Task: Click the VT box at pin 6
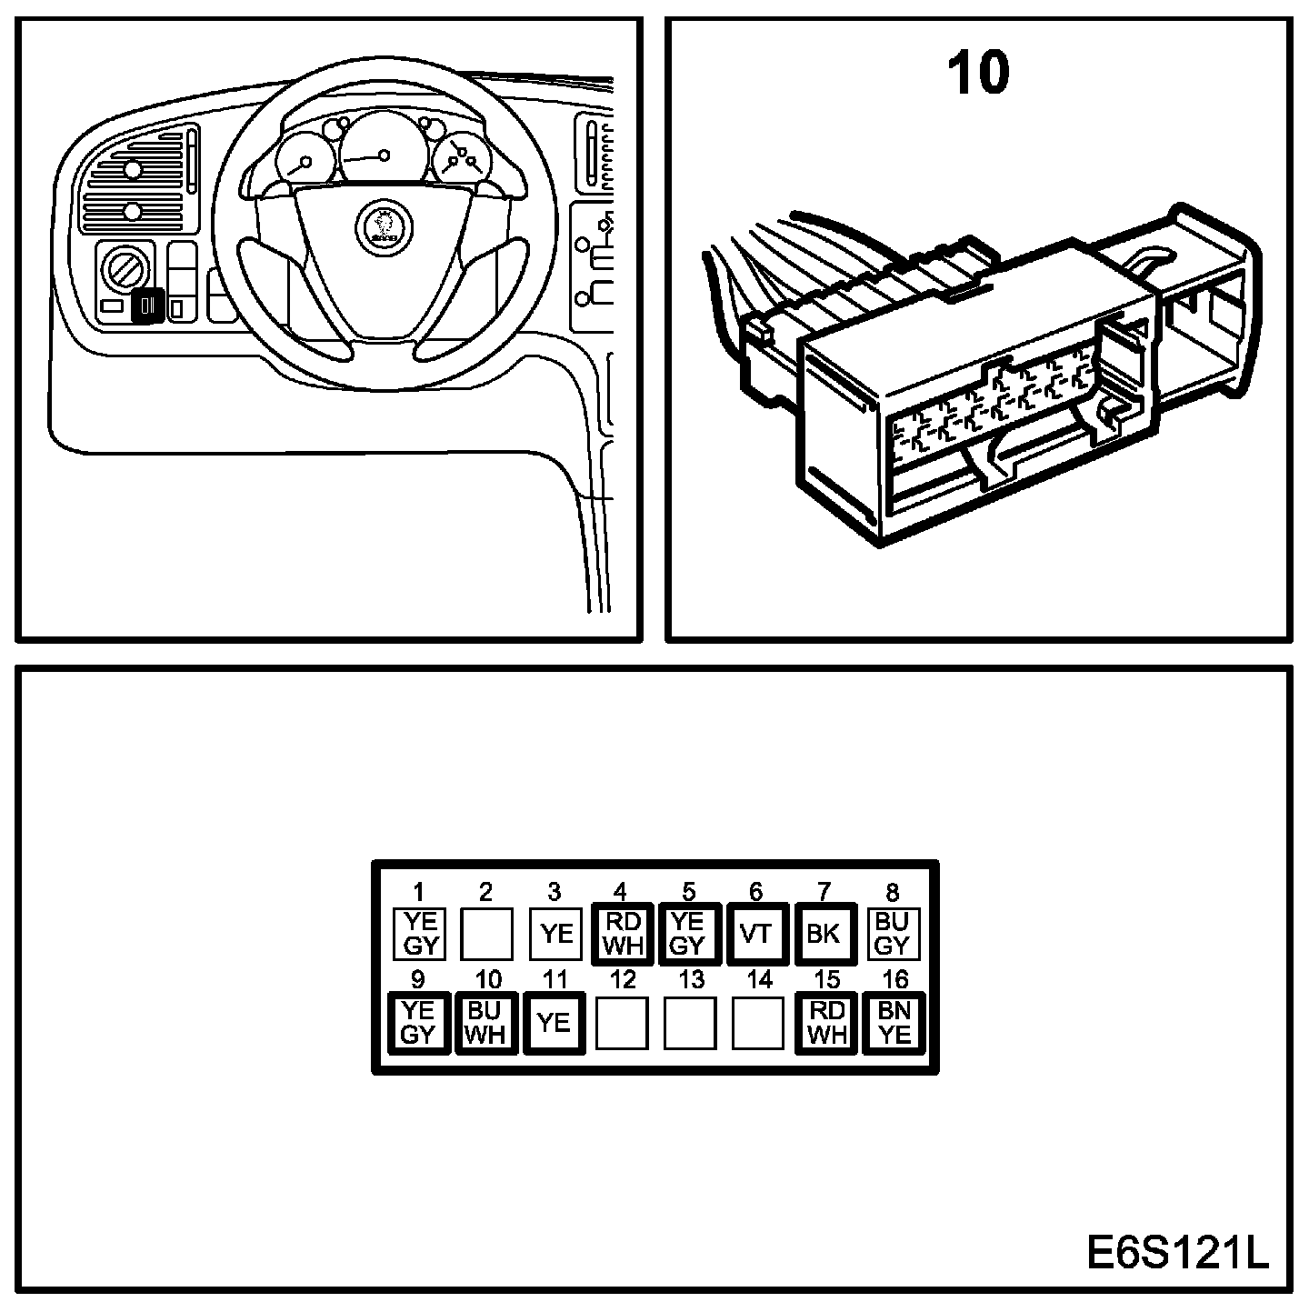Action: point(755,934)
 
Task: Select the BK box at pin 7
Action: point(824,934)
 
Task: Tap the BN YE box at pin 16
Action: point(894,1022)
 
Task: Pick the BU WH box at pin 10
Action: point(485,1022)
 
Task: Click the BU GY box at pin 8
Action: point(892,934)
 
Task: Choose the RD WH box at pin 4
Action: point(622,934)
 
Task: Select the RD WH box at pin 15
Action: point(826,1022)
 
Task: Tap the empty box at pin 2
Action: point(486,934)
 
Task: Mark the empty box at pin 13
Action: point(690,1022)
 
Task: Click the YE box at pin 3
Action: point(555,934)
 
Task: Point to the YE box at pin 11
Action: point(553,1022)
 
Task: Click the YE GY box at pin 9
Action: point(418,1022)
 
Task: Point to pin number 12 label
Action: point(623,980)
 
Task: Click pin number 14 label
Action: point(758,980)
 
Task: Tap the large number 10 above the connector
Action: point(978,73)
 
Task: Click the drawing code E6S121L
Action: point(1176,1254)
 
